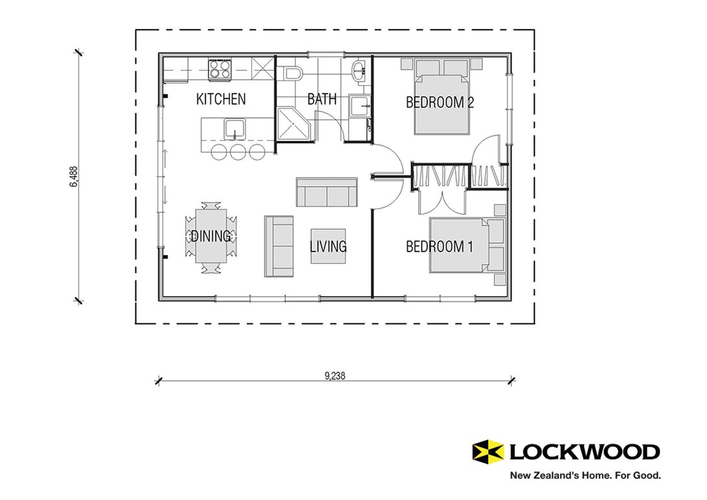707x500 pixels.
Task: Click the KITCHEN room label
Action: pyautogui.click(x=221, y=99)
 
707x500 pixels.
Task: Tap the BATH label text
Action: pyautogui.click(x=322, y=99)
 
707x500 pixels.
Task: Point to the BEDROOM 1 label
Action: pyautogui.click(x=440, y=247)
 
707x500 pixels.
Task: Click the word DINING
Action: pyautogui.click(x=210, y=236)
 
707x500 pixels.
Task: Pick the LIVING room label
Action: pyautogui.click(x=328, y=247)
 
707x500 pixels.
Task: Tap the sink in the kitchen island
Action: pyautogui.click(x=234, y=130)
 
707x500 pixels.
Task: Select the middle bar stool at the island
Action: pyautogui.click(x=238, y=152)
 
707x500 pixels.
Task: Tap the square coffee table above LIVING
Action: pyautogui.click(x=328, y=246)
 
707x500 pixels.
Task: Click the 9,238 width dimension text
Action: pyautogui.click(x=334, y=375)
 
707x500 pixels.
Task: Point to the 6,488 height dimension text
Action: pyautogui.click(x=73, y=177)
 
